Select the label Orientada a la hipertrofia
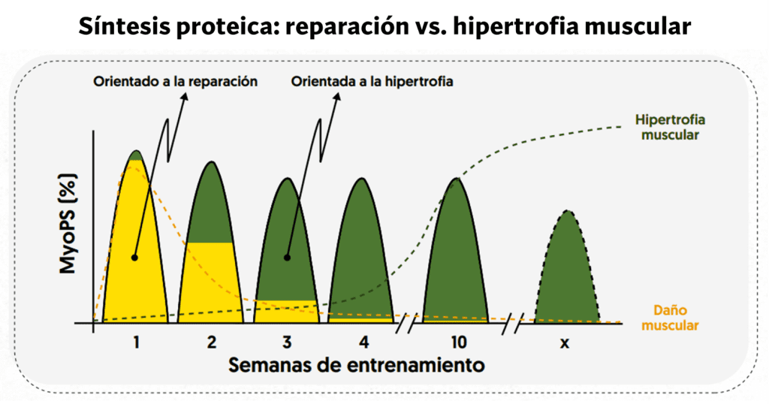tap(372, 81)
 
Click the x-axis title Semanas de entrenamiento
tap(355, 366)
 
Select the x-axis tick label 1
tap(137, 342)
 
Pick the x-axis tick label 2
tap(212, 342)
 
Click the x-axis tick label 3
tap(287, 342)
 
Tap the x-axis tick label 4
tap(363, 342)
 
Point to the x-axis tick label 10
tap(459, 342)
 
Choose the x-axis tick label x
tap(565, 343)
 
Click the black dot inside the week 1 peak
tap(134, 257)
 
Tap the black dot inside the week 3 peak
tap(285, 257)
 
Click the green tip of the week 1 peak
tap(136, 155)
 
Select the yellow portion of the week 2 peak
tap(211, 282)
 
